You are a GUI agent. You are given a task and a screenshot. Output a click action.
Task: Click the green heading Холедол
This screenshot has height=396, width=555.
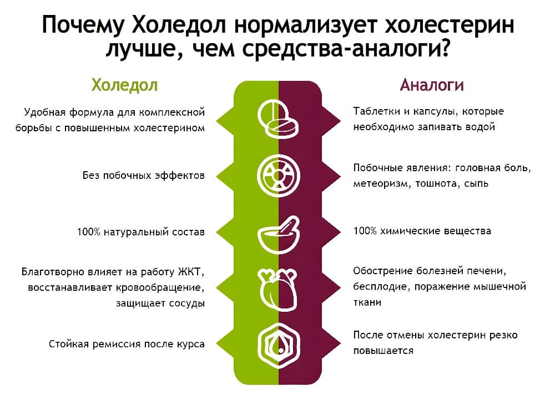click(124, 85)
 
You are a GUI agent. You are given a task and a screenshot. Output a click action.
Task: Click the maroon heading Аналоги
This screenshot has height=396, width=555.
click(431, 85)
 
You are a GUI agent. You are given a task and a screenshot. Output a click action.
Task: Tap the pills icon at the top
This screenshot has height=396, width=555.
click(278, 119)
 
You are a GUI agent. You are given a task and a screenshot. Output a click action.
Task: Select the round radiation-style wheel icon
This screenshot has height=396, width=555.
click(278, 176)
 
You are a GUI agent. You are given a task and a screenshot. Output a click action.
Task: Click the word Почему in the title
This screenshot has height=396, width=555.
click(83, 25)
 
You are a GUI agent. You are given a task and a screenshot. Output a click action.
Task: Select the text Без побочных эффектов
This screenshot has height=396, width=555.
click(144, 175)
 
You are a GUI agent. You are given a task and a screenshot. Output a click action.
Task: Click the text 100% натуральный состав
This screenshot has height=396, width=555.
click(141, 232)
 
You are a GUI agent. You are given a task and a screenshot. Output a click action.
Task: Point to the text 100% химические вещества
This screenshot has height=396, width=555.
click(422, 231)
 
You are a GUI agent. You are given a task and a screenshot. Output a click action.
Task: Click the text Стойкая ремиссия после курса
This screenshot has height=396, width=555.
click(127, 344)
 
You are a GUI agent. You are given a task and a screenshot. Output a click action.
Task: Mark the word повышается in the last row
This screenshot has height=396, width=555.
click(383, 351)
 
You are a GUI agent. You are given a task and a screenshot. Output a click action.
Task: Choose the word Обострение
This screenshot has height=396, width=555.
click(382, 271)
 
